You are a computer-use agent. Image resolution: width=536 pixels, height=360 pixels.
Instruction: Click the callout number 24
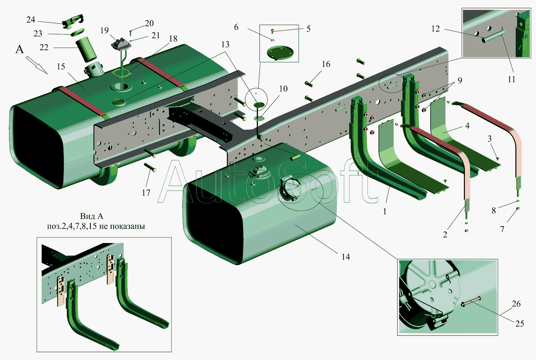[31, 20]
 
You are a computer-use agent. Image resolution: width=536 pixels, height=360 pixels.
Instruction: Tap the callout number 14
[346, 257]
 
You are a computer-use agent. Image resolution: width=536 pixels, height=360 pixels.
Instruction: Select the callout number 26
[516, 304]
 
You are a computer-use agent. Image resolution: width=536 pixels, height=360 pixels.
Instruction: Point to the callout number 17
[146, 193]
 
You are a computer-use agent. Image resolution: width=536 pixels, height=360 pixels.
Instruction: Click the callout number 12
[436, 29]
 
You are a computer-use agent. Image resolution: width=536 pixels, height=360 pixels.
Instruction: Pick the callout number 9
[460, 80]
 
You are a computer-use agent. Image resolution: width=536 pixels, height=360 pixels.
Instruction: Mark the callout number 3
[490, 139]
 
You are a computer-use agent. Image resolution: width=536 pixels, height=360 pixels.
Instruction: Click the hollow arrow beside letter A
[37, 65]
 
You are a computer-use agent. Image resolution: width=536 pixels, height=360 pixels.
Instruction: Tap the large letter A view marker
[20, 50]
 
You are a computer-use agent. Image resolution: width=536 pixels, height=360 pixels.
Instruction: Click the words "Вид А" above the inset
[91, 216]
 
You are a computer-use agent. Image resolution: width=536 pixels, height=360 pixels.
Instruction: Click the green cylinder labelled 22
[86, 50]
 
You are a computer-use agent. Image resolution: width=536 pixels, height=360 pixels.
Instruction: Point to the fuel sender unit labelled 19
[121, 45]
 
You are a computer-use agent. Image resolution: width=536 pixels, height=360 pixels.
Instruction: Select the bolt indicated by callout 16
[309, 84]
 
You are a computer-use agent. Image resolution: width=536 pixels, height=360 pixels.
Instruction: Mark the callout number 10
[283, 89]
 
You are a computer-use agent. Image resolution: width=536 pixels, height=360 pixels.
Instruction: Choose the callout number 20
[149, 23]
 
